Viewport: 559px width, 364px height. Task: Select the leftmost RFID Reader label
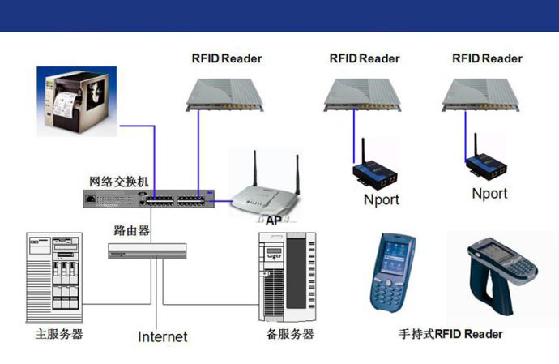click(x=227, y=58)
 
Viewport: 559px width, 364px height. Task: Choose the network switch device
click(x=149, y=198)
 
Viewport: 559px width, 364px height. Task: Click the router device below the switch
click(x=147, y=251)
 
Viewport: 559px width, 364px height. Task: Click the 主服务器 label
click(x=59, y=334)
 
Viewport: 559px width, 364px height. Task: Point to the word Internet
click(x=162, y=336)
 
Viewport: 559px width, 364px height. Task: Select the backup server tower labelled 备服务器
click(x=284, y=276)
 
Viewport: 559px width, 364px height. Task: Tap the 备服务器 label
click(x=290, y=334)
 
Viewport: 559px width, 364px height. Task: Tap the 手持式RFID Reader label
click(x=451, y=334)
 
